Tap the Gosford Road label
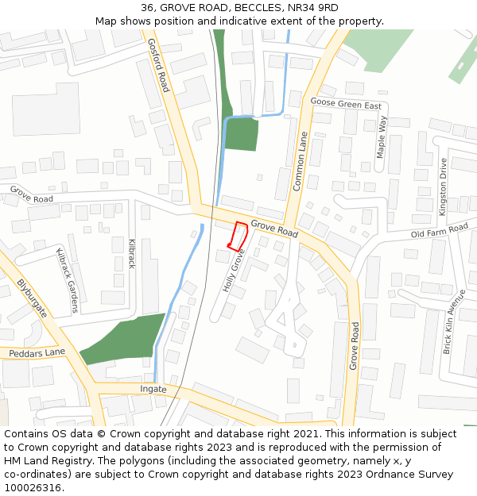[159, 64]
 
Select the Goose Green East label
[346, 105]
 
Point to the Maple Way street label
[382, 136]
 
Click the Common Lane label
[300, 160]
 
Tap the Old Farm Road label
[439, 231]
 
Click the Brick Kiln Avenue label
[454, 321]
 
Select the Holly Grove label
[233, 271]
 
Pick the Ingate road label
[153, 389]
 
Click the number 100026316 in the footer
[33, 487]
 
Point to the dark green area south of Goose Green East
[241, 133]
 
